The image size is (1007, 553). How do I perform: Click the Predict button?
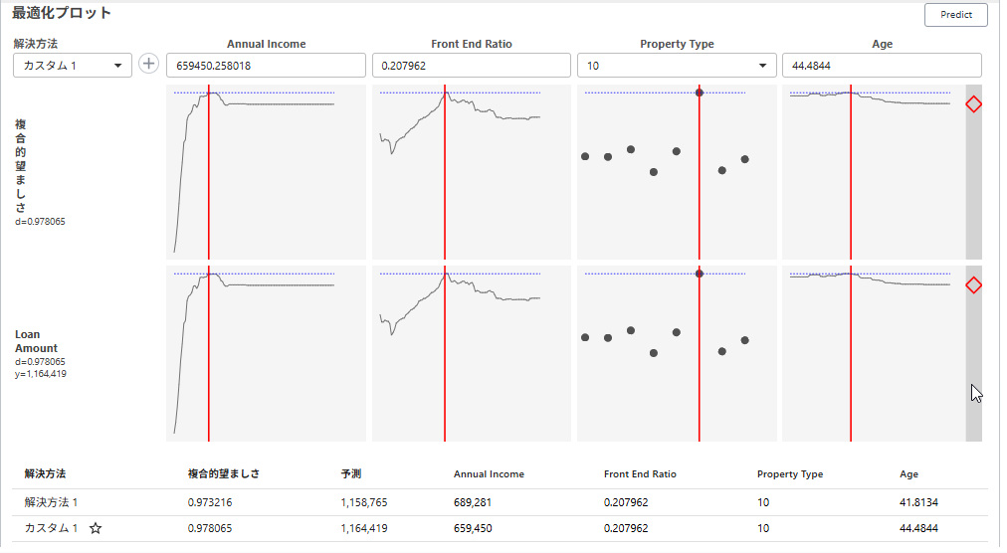(x=955, y=15)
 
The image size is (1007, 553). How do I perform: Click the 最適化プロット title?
(x=62, y=14)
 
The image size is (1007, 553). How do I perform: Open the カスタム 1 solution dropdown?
(x=72, y=65)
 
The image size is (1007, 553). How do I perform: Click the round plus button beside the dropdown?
(x=148, y=64)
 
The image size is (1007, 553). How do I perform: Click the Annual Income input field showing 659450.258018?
(x=266, y=66)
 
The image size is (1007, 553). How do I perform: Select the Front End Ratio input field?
(x=471, y=66)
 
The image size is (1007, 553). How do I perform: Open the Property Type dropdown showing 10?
(x=677, y=66)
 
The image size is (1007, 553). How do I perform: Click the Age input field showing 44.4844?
(x=882, y=66)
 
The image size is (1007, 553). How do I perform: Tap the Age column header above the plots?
(x=882, y=44)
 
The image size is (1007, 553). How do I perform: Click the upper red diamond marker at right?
(x=974, y=104)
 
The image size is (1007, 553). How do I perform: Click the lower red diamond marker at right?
(x=974, y=285)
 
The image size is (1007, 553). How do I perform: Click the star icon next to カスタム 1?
(x=96, y=529)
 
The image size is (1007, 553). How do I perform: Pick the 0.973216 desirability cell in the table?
(x=209, y=502)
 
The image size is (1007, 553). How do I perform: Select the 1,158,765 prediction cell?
(x=363, y=502)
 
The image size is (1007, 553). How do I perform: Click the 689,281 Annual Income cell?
(x=473, y=502)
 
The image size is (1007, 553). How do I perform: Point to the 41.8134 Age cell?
(x=917, y=502)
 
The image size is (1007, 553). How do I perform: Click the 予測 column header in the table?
(x=350, y=474)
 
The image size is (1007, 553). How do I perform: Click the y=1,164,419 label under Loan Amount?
(x=41, y=374)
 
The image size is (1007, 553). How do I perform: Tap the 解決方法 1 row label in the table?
(x=51, y=502)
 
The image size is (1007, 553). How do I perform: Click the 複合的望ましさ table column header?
(x=223, y=474)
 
